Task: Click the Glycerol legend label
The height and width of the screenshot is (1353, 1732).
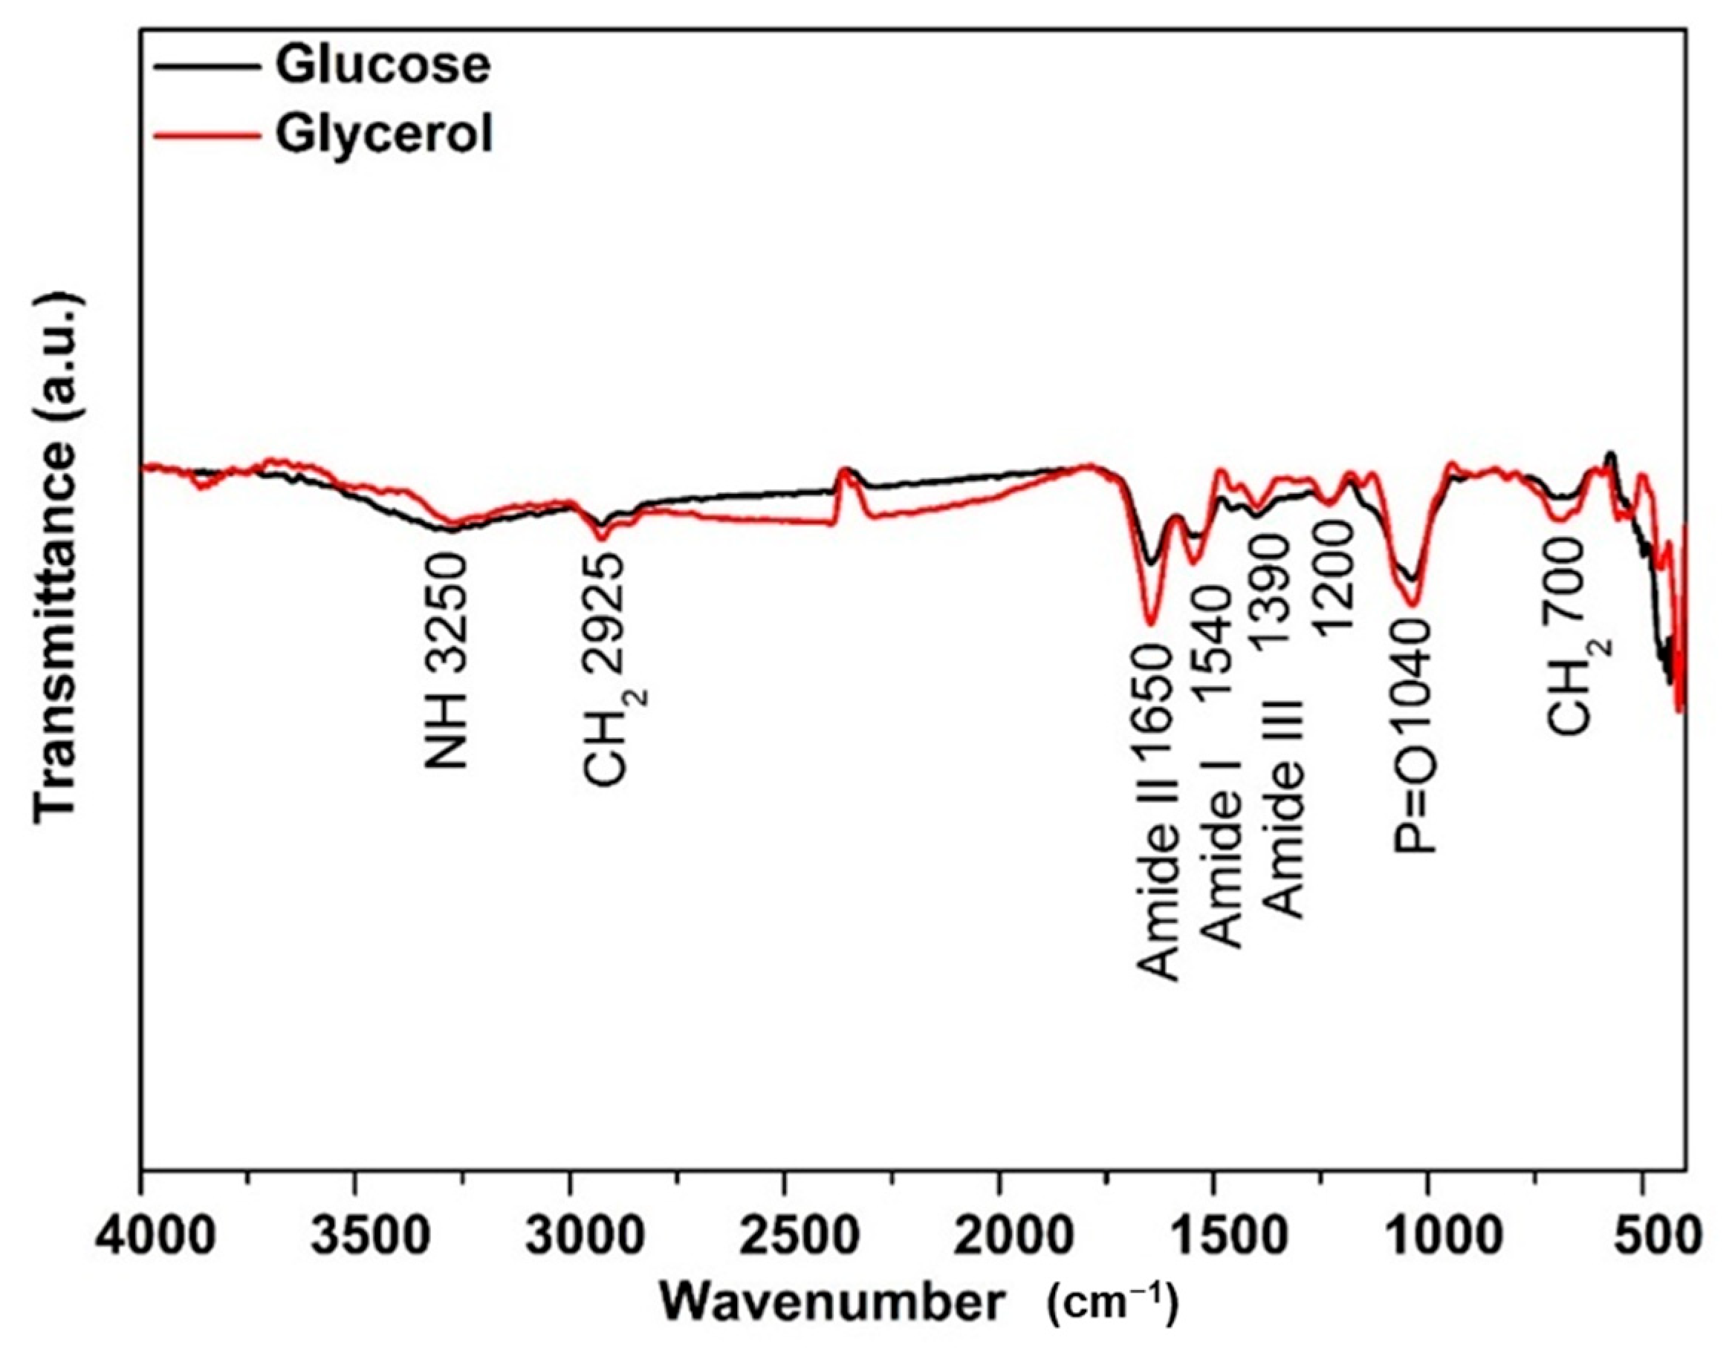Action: pyautogui.click(x=384, y=134)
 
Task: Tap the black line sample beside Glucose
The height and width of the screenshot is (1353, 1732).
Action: pyautogui.click(x=208, y=67)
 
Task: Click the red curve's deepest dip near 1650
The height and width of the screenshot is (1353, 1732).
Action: pyautogui.click(x=1152, y=622)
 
